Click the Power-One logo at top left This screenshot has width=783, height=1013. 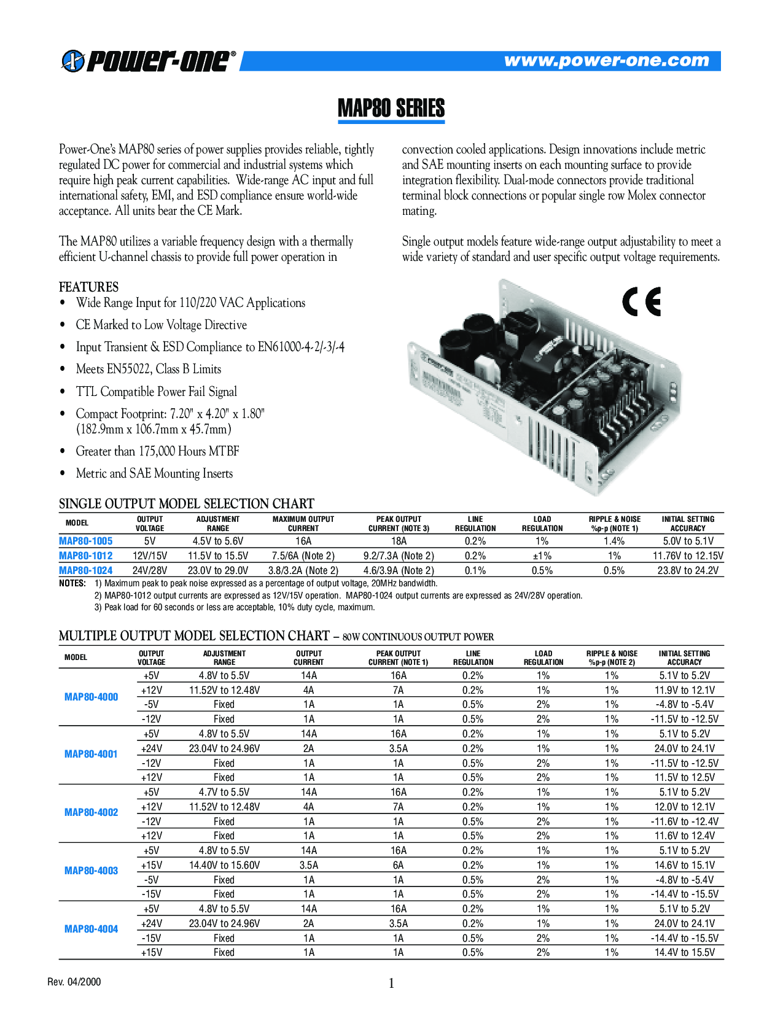click(x=148, y=61)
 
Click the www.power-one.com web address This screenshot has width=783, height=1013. click(x=606, y=60)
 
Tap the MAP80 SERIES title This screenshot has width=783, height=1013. click(x=391, y=108)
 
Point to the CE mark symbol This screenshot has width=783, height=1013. click(x=641, y=301)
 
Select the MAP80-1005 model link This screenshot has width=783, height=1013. click(x=86, y=541)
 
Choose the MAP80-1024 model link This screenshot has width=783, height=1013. click(x=86, y=570)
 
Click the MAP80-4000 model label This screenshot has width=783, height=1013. click(x=91, y=697)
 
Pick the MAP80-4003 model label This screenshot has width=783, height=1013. click(x=91, y=871)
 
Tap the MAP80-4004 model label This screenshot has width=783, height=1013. click(x=91, y=929)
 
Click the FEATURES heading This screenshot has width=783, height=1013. click(x=88, y=287)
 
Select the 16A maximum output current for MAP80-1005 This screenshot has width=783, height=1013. click(x=303, y=541)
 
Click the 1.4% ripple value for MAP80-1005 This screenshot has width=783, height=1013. click(x=614, y=541)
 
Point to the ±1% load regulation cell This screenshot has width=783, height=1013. click(x=542, y=556)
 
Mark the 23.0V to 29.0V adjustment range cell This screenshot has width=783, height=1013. click(x=218, y=570)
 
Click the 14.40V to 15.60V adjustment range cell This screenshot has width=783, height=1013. click(x=224, y=865)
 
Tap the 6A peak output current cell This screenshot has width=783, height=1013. click(x=399, y=865)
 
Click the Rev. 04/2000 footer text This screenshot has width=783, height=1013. click(x=74, y=982)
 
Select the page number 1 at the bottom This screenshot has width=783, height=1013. click(x=391, y=984)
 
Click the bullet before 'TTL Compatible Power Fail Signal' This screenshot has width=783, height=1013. click(x=63, y=392)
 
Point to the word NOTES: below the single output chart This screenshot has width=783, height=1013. click(x=72, y=583)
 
